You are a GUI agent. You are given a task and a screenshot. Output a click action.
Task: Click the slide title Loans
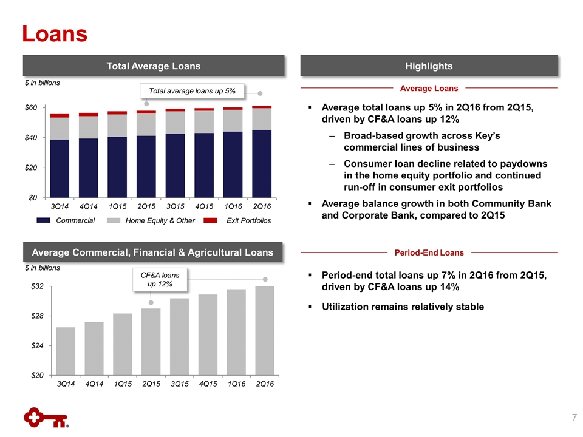[x=55, y=33]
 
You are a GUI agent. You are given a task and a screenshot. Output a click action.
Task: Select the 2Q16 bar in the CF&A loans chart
[x=265, y=330]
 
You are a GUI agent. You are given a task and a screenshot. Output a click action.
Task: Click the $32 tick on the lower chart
[x=38, y=286]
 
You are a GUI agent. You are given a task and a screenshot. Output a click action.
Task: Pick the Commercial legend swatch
[x=43, y=220]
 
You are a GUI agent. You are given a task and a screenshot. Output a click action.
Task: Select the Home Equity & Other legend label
[x=159, y=220]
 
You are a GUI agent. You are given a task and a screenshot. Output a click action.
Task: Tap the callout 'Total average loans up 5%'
[x=192, y=91]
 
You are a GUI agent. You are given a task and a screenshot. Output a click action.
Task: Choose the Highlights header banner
[x=429, y=66]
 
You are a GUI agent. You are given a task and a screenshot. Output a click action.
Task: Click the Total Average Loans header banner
[x=153, y=66]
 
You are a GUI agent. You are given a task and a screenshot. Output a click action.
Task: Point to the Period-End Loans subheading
[x=429, y=252]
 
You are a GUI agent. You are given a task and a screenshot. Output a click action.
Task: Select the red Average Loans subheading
[x=429, y=89]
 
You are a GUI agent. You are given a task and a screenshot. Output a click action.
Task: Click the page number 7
[x=573, y=417]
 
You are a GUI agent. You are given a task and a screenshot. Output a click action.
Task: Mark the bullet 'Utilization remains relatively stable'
[x=403, y=307]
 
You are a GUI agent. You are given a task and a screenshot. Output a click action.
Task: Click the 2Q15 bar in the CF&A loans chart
[x=151, y=342]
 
